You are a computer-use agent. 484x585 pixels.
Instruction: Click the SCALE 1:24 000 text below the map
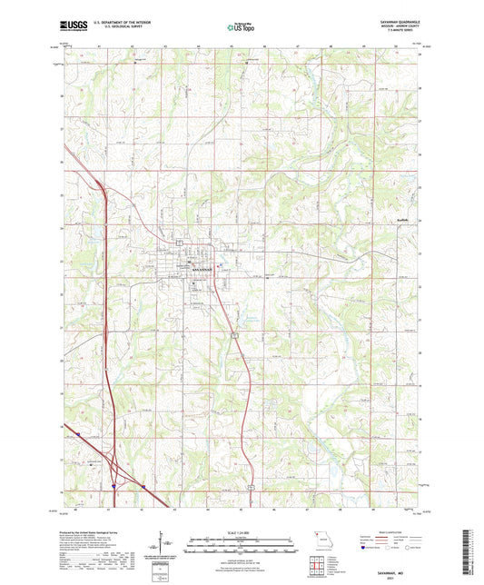[x=242, y=532]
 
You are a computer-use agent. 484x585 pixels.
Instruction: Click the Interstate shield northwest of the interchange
[x=79, y=435]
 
